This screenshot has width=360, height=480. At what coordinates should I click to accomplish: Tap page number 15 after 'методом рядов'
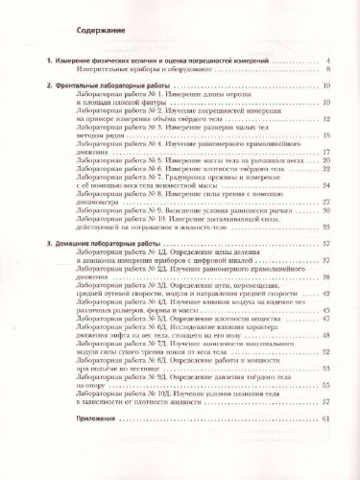click(x=326, y=136)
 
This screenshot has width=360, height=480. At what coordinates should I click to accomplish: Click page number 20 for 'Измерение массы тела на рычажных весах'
click(x=326, y=162)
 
